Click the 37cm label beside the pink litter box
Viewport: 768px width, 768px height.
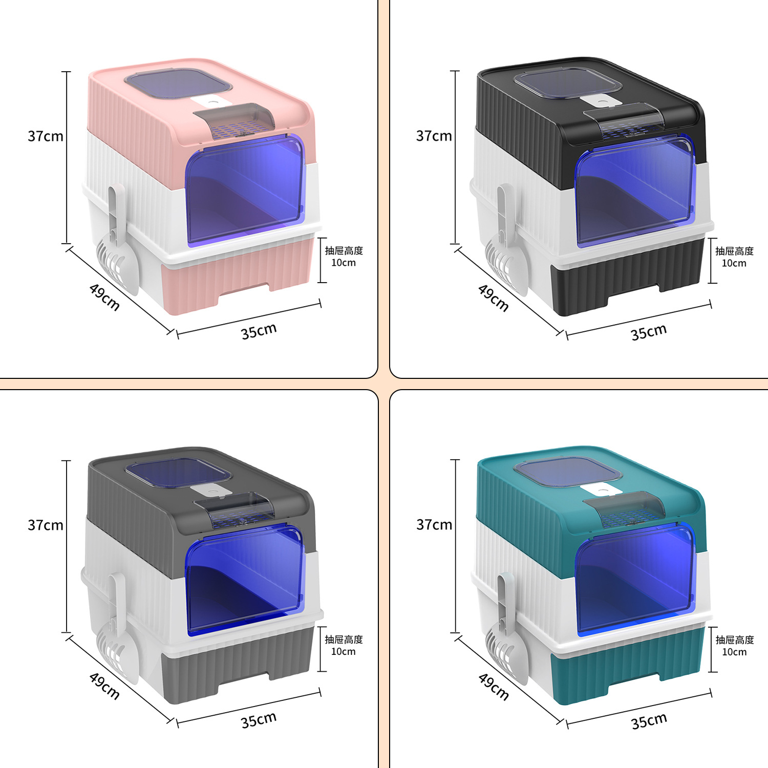[x=46, y=136]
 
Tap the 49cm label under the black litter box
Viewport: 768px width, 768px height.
[x=493, y=297]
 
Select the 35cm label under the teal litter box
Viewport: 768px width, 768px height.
[x=649, y=721]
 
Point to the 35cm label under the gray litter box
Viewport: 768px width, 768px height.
[x=259, y=720]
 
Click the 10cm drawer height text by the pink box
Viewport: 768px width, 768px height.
[x=343, y=263]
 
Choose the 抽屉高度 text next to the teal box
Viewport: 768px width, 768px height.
[x=734, y=639]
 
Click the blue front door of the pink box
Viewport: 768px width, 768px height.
[x=245, y=189]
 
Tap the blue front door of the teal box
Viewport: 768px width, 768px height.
[x=635, y=579]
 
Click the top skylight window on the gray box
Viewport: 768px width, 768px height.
[x=178, y=472]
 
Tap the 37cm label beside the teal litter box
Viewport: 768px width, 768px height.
[x=434, y=525]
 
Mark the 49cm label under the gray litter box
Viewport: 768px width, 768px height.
[x=104, y=686]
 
